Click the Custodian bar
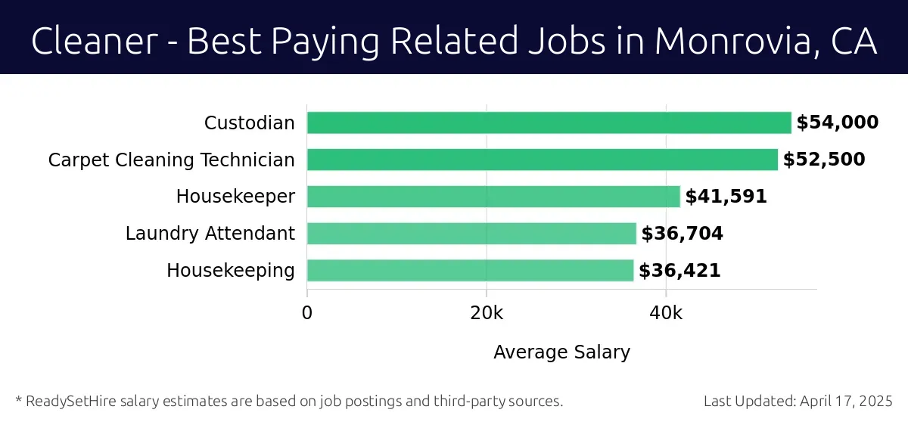549,123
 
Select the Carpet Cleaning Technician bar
542,160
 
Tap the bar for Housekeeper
493,197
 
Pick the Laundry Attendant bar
471,234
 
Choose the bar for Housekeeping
470,271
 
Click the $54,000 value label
837,123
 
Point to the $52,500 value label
823,160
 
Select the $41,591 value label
726,197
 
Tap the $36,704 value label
682,234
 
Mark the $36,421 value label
679,271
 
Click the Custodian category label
249,123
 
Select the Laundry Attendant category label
210,234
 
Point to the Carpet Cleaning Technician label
171,160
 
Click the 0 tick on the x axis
307,312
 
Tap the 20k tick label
486,312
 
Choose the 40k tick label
665,312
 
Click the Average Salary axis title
561,352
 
